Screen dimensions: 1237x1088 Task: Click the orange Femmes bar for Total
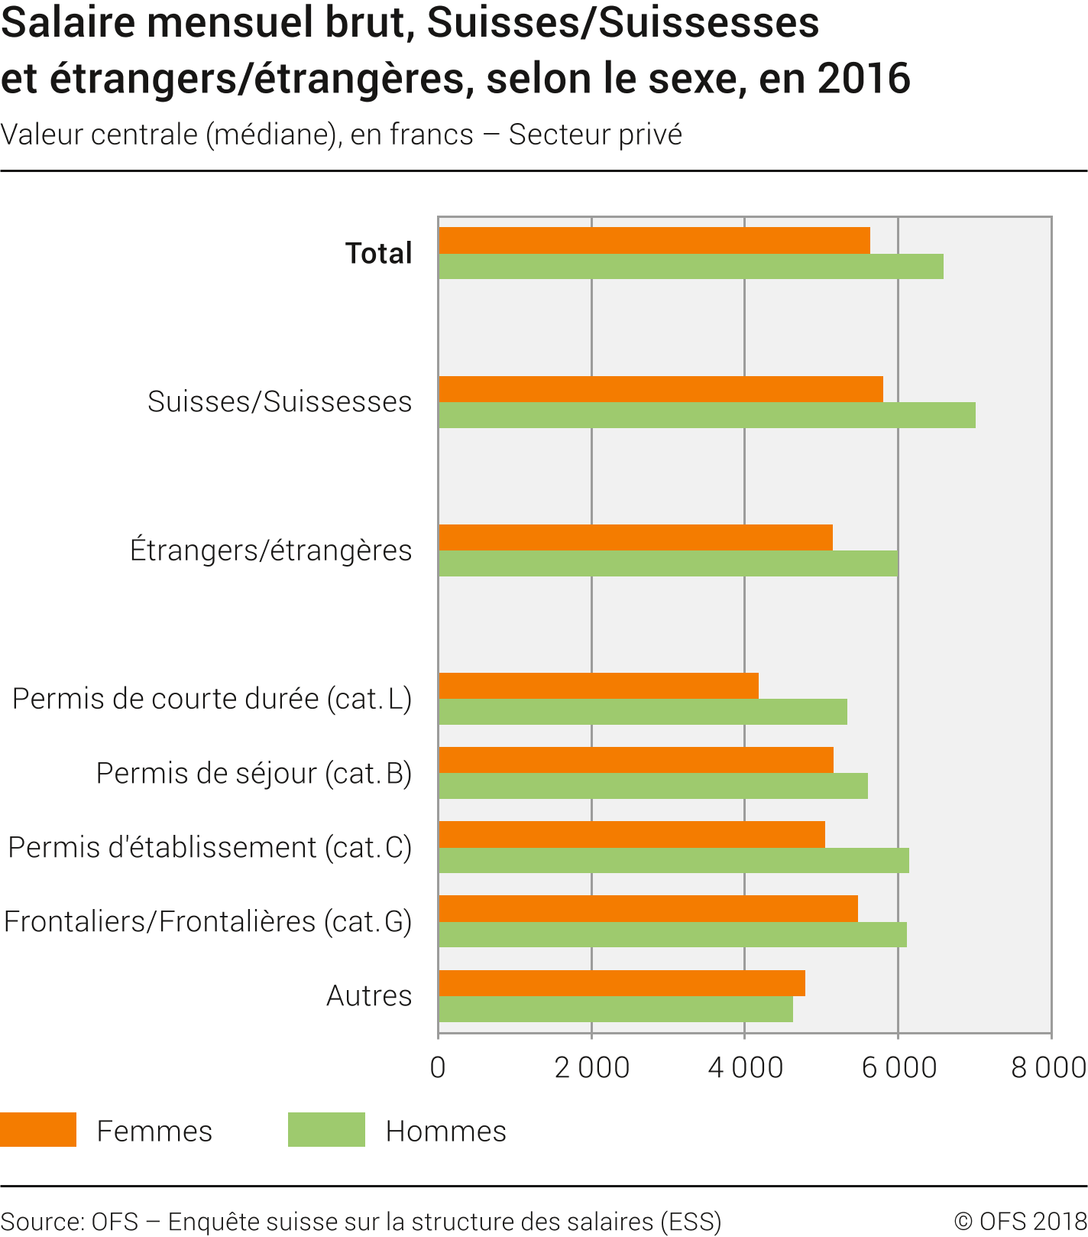(x=654, y=240)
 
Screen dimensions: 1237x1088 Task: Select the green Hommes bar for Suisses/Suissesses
(x=707, y=415)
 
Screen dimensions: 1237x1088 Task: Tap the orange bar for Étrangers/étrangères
(x=636, y=537)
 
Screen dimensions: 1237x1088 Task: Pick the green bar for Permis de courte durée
(x=643, y=712)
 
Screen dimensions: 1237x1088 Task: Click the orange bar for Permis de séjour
(x=636, y=760)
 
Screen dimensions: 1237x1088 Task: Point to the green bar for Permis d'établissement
(x=674, y=860)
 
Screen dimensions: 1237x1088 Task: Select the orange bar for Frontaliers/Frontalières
(x=648, y=908)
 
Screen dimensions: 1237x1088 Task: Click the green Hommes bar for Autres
(x=616, y=1009)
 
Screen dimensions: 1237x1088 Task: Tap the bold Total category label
(x=378, y=253)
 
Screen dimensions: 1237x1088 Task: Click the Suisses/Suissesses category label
(x=280, y=401)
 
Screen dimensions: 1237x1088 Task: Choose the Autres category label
(x=369, y=995)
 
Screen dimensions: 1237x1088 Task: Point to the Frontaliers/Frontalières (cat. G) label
(x=208, y=921)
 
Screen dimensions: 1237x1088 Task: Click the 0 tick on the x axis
(x=438, y=1067)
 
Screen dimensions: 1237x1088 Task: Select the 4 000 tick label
(x=745, y=1067)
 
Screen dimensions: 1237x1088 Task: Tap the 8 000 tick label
(x=1048, y=1067)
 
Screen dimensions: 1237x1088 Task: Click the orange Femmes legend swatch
(x=38, y=1130)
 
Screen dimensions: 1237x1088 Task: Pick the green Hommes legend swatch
(x=326, y=1130)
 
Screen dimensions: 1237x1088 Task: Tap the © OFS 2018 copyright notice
(x=1019, y=1221)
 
